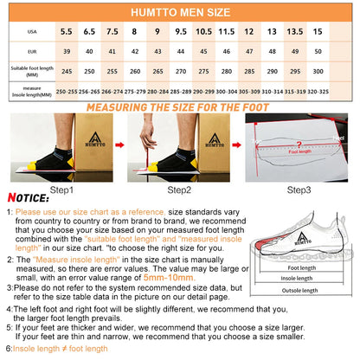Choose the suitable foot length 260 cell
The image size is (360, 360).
135,72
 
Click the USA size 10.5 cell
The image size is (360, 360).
203,31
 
